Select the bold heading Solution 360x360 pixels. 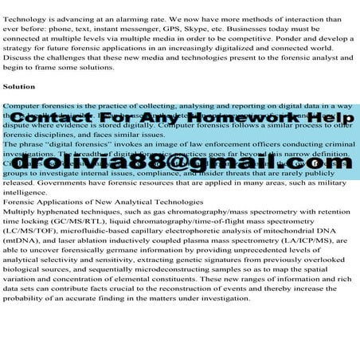click(x=19, y=85)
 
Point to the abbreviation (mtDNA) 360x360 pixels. click(x=25, y=247)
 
